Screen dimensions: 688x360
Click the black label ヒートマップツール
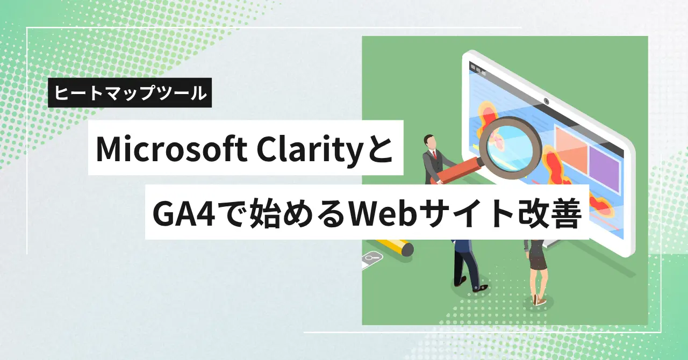tap(130, 92)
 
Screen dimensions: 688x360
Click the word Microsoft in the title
tap(171, 149)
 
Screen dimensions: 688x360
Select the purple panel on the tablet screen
tap(604, 170)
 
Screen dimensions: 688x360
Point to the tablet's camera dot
tap(547, 101)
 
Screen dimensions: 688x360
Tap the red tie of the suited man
tap(434, 155)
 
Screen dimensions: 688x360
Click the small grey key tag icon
tap(372, 257)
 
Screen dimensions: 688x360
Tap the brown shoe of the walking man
tap(480, 289)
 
